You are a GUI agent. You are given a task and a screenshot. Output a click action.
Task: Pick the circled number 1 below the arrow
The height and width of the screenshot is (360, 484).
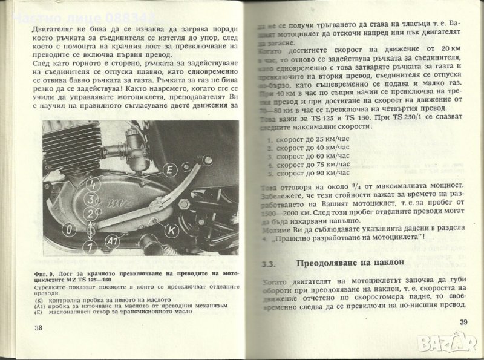90,246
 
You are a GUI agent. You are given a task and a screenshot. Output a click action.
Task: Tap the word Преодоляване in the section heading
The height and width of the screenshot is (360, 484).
330,263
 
